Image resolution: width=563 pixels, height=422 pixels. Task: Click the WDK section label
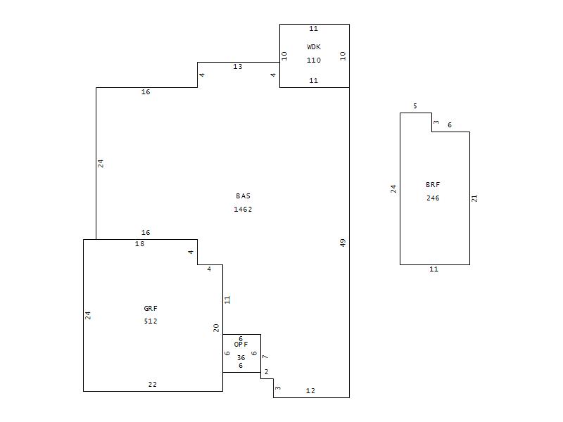[314, 46]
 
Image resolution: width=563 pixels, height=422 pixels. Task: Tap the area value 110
[314, 60]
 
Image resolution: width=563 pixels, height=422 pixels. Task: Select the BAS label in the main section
[243, 196]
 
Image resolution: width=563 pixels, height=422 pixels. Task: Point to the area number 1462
[243, 209]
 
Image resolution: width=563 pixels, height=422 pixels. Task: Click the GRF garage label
[151, 308]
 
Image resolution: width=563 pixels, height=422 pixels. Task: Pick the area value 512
[151, 321]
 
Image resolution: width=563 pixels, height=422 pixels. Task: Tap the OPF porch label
[241, 345]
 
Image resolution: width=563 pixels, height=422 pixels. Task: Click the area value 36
[241, 358]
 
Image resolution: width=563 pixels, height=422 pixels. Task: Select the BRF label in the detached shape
[433, 185]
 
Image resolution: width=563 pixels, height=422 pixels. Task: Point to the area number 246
[433, 198]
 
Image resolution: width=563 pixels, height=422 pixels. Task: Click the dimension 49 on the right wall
[343, 243]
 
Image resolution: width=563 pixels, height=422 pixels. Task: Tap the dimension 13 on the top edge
[238, 67]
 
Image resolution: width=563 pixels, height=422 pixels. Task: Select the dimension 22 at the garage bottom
[153, 385]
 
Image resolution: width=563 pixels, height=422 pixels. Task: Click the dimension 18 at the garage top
[139, 244]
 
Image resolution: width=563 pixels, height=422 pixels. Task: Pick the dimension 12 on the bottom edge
[310, 391]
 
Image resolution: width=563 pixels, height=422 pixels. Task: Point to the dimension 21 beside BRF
[474, 198]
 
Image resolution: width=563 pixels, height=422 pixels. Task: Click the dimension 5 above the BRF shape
[415, 106]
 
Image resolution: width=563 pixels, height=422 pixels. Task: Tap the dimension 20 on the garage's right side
[216, 328]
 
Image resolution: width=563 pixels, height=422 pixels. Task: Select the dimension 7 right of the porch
[265, 357]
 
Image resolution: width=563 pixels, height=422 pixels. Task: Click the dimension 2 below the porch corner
[267, 372]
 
